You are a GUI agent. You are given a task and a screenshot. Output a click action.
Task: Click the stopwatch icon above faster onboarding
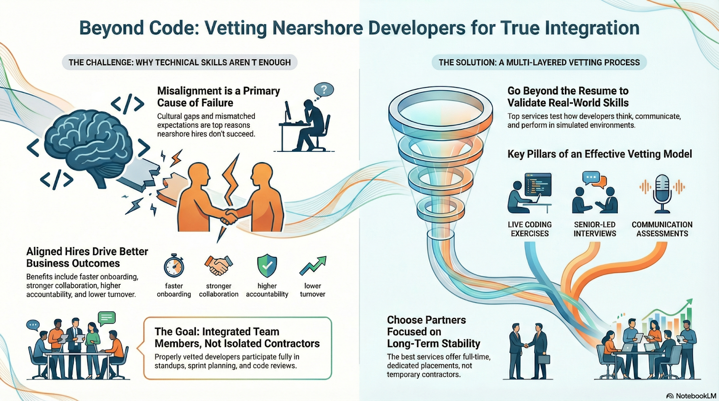[173, 266]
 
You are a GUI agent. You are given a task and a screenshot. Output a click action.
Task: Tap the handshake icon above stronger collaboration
[218, 265]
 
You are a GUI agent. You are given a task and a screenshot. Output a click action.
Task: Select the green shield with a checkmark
[267, 265]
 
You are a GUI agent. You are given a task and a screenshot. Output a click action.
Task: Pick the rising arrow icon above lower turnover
[313, 265]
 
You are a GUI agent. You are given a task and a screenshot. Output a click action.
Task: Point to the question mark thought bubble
[324, 90]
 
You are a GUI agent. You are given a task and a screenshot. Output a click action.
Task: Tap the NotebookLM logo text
[696, 396]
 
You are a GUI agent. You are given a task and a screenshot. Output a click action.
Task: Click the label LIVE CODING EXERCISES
[530, 229]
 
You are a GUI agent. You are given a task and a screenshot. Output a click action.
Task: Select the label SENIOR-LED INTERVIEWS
[595, 229]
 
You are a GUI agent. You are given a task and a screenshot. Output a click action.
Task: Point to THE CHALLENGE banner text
[180, 62]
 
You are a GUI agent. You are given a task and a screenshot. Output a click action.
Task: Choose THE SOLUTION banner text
[539, 62]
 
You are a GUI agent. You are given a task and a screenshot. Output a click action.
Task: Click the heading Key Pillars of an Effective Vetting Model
[599, 154]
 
